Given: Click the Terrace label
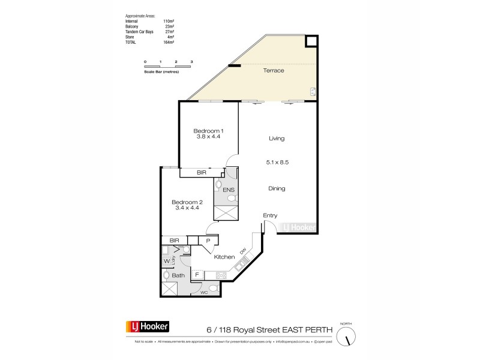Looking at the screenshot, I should [274, 71].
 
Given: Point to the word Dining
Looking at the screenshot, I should [277, 188].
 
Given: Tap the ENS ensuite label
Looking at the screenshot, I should [228, 190].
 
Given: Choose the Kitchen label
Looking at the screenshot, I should [224, 257].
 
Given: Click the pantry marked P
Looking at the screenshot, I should [208, 241].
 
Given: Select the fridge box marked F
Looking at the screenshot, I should [196, 274].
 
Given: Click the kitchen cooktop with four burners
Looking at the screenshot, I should [220, 275].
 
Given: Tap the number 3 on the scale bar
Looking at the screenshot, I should [191, 62].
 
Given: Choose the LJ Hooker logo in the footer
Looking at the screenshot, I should [147, 327].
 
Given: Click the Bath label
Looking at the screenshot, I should [178, 276].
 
